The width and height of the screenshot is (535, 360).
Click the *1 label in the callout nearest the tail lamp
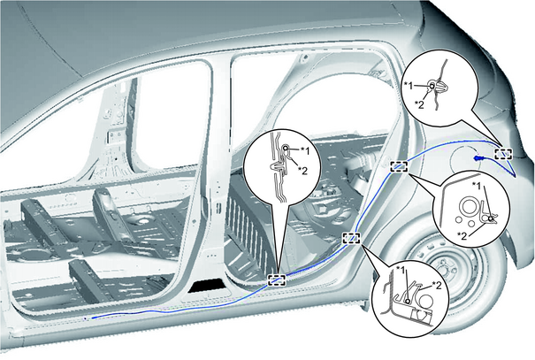click(409, 85)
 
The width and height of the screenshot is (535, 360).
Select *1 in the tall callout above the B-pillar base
click(305, 150)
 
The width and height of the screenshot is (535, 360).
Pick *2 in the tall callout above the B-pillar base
click(302, 171)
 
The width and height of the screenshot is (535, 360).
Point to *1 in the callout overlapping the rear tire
click(477, 186)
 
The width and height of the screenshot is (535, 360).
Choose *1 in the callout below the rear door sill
click(401, 271)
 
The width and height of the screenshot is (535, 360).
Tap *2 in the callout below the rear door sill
click(436, 285)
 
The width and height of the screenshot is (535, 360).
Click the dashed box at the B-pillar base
click(277, 280)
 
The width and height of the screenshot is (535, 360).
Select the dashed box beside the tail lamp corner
click(504, 154)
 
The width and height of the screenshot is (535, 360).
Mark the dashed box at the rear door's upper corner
click(399, 166)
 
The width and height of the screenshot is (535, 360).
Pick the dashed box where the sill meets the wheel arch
click(351, 238)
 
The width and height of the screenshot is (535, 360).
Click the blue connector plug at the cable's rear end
click(478, 158)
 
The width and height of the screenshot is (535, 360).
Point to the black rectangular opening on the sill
click(205, 286)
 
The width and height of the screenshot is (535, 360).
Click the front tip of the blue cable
click(92, 318)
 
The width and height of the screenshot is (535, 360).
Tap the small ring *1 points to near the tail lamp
click(432, 86)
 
